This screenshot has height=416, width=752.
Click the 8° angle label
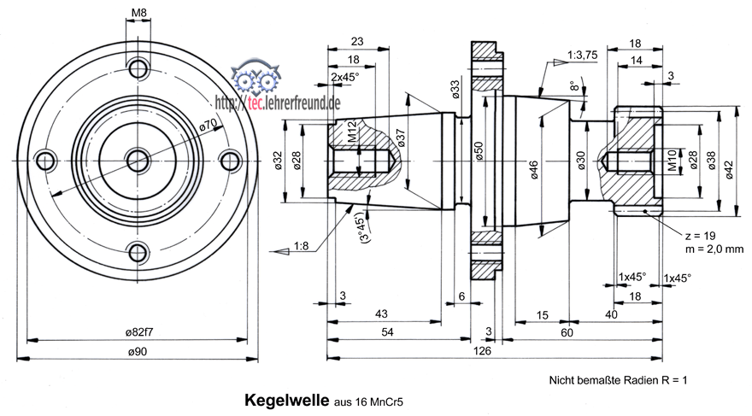[x=573, y=85]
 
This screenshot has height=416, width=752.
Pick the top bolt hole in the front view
[x=137, y=67]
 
